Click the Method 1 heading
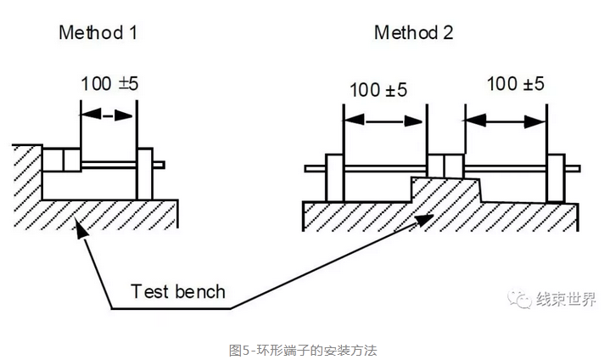point(98,34)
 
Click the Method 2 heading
point(414,34)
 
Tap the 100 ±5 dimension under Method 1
point(109,84)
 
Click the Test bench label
point(178,292)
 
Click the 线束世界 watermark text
point(567,300)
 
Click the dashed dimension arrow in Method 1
point(107,114)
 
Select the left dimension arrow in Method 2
point(384,121)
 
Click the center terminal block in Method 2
point(445,166)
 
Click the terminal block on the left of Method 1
point(60,160)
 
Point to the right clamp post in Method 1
point(143,173)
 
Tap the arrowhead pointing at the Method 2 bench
point(419,218)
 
